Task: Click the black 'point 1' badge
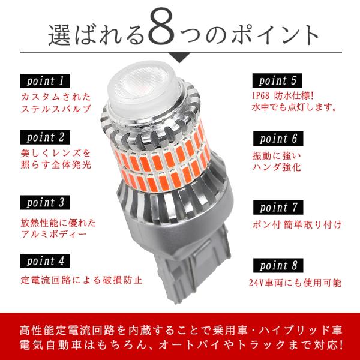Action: tap(45, 81)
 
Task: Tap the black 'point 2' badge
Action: tap(45, 137)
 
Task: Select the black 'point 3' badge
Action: tap(45, 203)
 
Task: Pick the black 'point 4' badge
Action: tap(45, 261)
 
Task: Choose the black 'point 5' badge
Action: tap(277, 80)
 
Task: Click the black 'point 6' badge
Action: tap(278, 139)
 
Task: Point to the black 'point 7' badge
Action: tap(278, 208)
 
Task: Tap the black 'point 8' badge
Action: tap(278, 266)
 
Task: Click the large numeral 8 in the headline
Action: tap(163, 28)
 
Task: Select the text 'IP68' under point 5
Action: tap(260, 95)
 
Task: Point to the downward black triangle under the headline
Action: tap(179, 57)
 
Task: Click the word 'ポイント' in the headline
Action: tap(275, 34)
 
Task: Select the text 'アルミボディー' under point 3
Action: tap(54, 235)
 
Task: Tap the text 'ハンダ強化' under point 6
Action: tap(277, 167)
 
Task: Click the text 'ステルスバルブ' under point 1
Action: tap(56, 109)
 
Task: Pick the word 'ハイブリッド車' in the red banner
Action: tap(301, 331)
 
